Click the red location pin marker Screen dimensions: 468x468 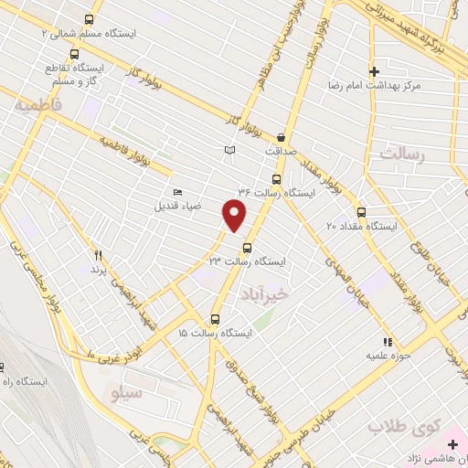(x=235, y=215)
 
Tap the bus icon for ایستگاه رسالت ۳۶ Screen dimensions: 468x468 (x=277, y=179)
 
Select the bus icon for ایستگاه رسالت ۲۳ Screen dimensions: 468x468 (x=247, y=247)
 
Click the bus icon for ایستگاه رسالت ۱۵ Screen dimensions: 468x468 (x=215, y=319)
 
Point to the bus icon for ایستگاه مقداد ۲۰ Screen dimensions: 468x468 (x=361, y=211)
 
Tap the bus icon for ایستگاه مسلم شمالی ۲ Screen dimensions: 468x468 (x=89, y=19)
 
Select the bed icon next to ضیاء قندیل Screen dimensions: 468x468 (x=177, y=192)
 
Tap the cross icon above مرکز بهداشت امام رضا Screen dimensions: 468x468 (x=374, y=70)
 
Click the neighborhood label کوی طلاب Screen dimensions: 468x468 (x=404, y=426)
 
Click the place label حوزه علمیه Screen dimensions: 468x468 (x=386, y=355)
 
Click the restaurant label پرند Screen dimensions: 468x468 (x=99, y=271)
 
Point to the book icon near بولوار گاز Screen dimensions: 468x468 (x=230, y=150)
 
